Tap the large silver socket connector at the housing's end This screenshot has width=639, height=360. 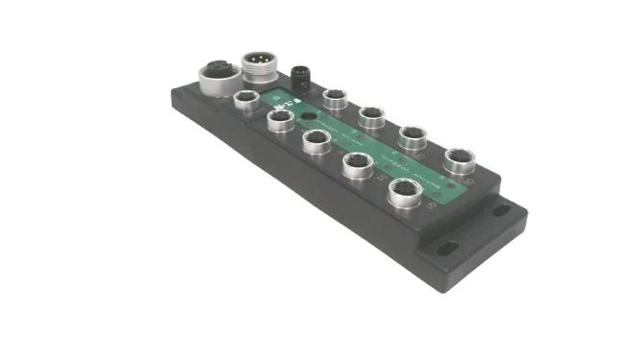pyautogui.click(x=213, y=75)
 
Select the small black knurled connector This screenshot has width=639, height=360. pyautogui.click(x=298, y=75)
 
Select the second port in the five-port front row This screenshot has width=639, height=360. pyautogui.click(x=279, y=120)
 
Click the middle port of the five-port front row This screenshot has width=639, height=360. pyautogui.click(x=316, y=141)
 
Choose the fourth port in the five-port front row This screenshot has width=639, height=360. pyautogui.click(x=357, y=165)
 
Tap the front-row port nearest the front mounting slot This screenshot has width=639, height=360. pyautogui.click(x=403, y=191)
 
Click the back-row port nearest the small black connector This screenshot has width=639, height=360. pyautogui.click(x=334, y=98)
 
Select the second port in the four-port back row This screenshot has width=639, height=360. pyautogui.click(x=371, y=117)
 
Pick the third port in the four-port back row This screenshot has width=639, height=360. pyautogui.click(x=413, y=137)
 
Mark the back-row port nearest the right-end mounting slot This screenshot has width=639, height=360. pyautogui.click(x=457, y=159)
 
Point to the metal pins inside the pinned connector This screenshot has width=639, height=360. pyautogui.click(x=256, y=63)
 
